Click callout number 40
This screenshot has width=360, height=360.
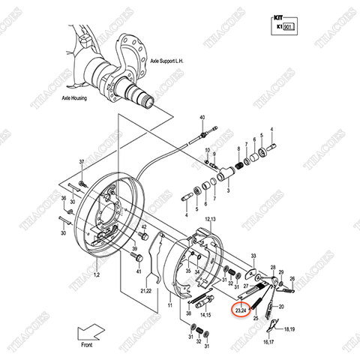(202, 118)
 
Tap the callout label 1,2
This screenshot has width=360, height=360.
(96, 275)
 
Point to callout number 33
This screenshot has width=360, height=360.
(253, 254)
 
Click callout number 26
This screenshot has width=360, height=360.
(292, 279)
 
